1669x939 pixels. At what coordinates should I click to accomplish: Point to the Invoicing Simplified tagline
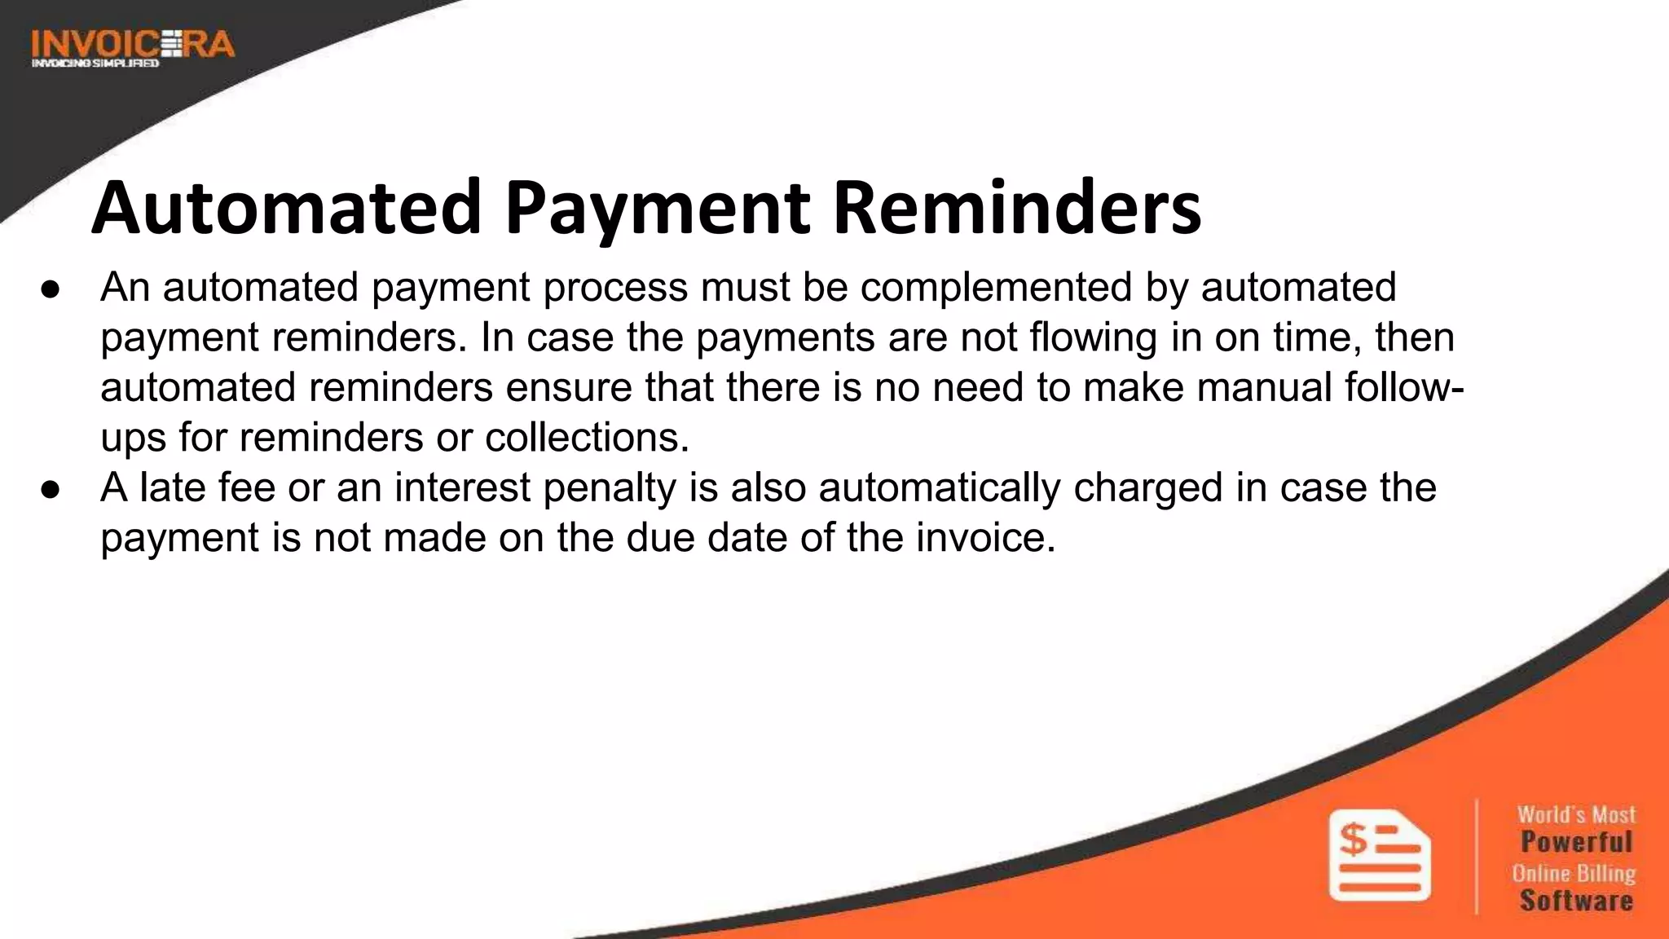(x=95, y=64)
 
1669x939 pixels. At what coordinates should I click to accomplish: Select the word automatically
(x=940, y=488)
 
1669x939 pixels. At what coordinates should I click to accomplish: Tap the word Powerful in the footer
(x=1576, y=842)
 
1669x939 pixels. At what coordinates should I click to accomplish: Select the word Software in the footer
(x=1576, y=901)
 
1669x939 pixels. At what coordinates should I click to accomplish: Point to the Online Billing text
(x=1574, y=873)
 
